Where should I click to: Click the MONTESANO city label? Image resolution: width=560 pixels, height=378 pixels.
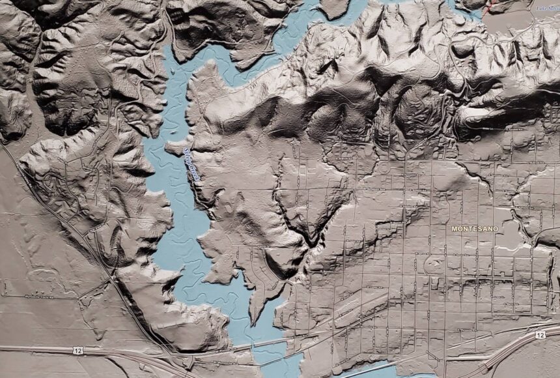point(474,229)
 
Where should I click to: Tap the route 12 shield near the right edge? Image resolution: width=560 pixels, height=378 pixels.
point(540,334)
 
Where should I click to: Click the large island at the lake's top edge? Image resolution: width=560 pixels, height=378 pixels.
point(334,7)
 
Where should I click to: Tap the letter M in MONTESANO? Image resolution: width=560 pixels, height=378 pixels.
point(454,229)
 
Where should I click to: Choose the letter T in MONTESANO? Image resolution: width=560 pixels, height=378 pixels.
point(470,229)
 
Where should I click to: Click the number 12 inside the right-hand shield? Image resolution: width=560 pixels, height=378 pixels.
point(540,334)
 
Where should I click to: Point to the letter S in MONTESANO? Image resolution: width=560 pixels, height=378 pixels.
point(481,229)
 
